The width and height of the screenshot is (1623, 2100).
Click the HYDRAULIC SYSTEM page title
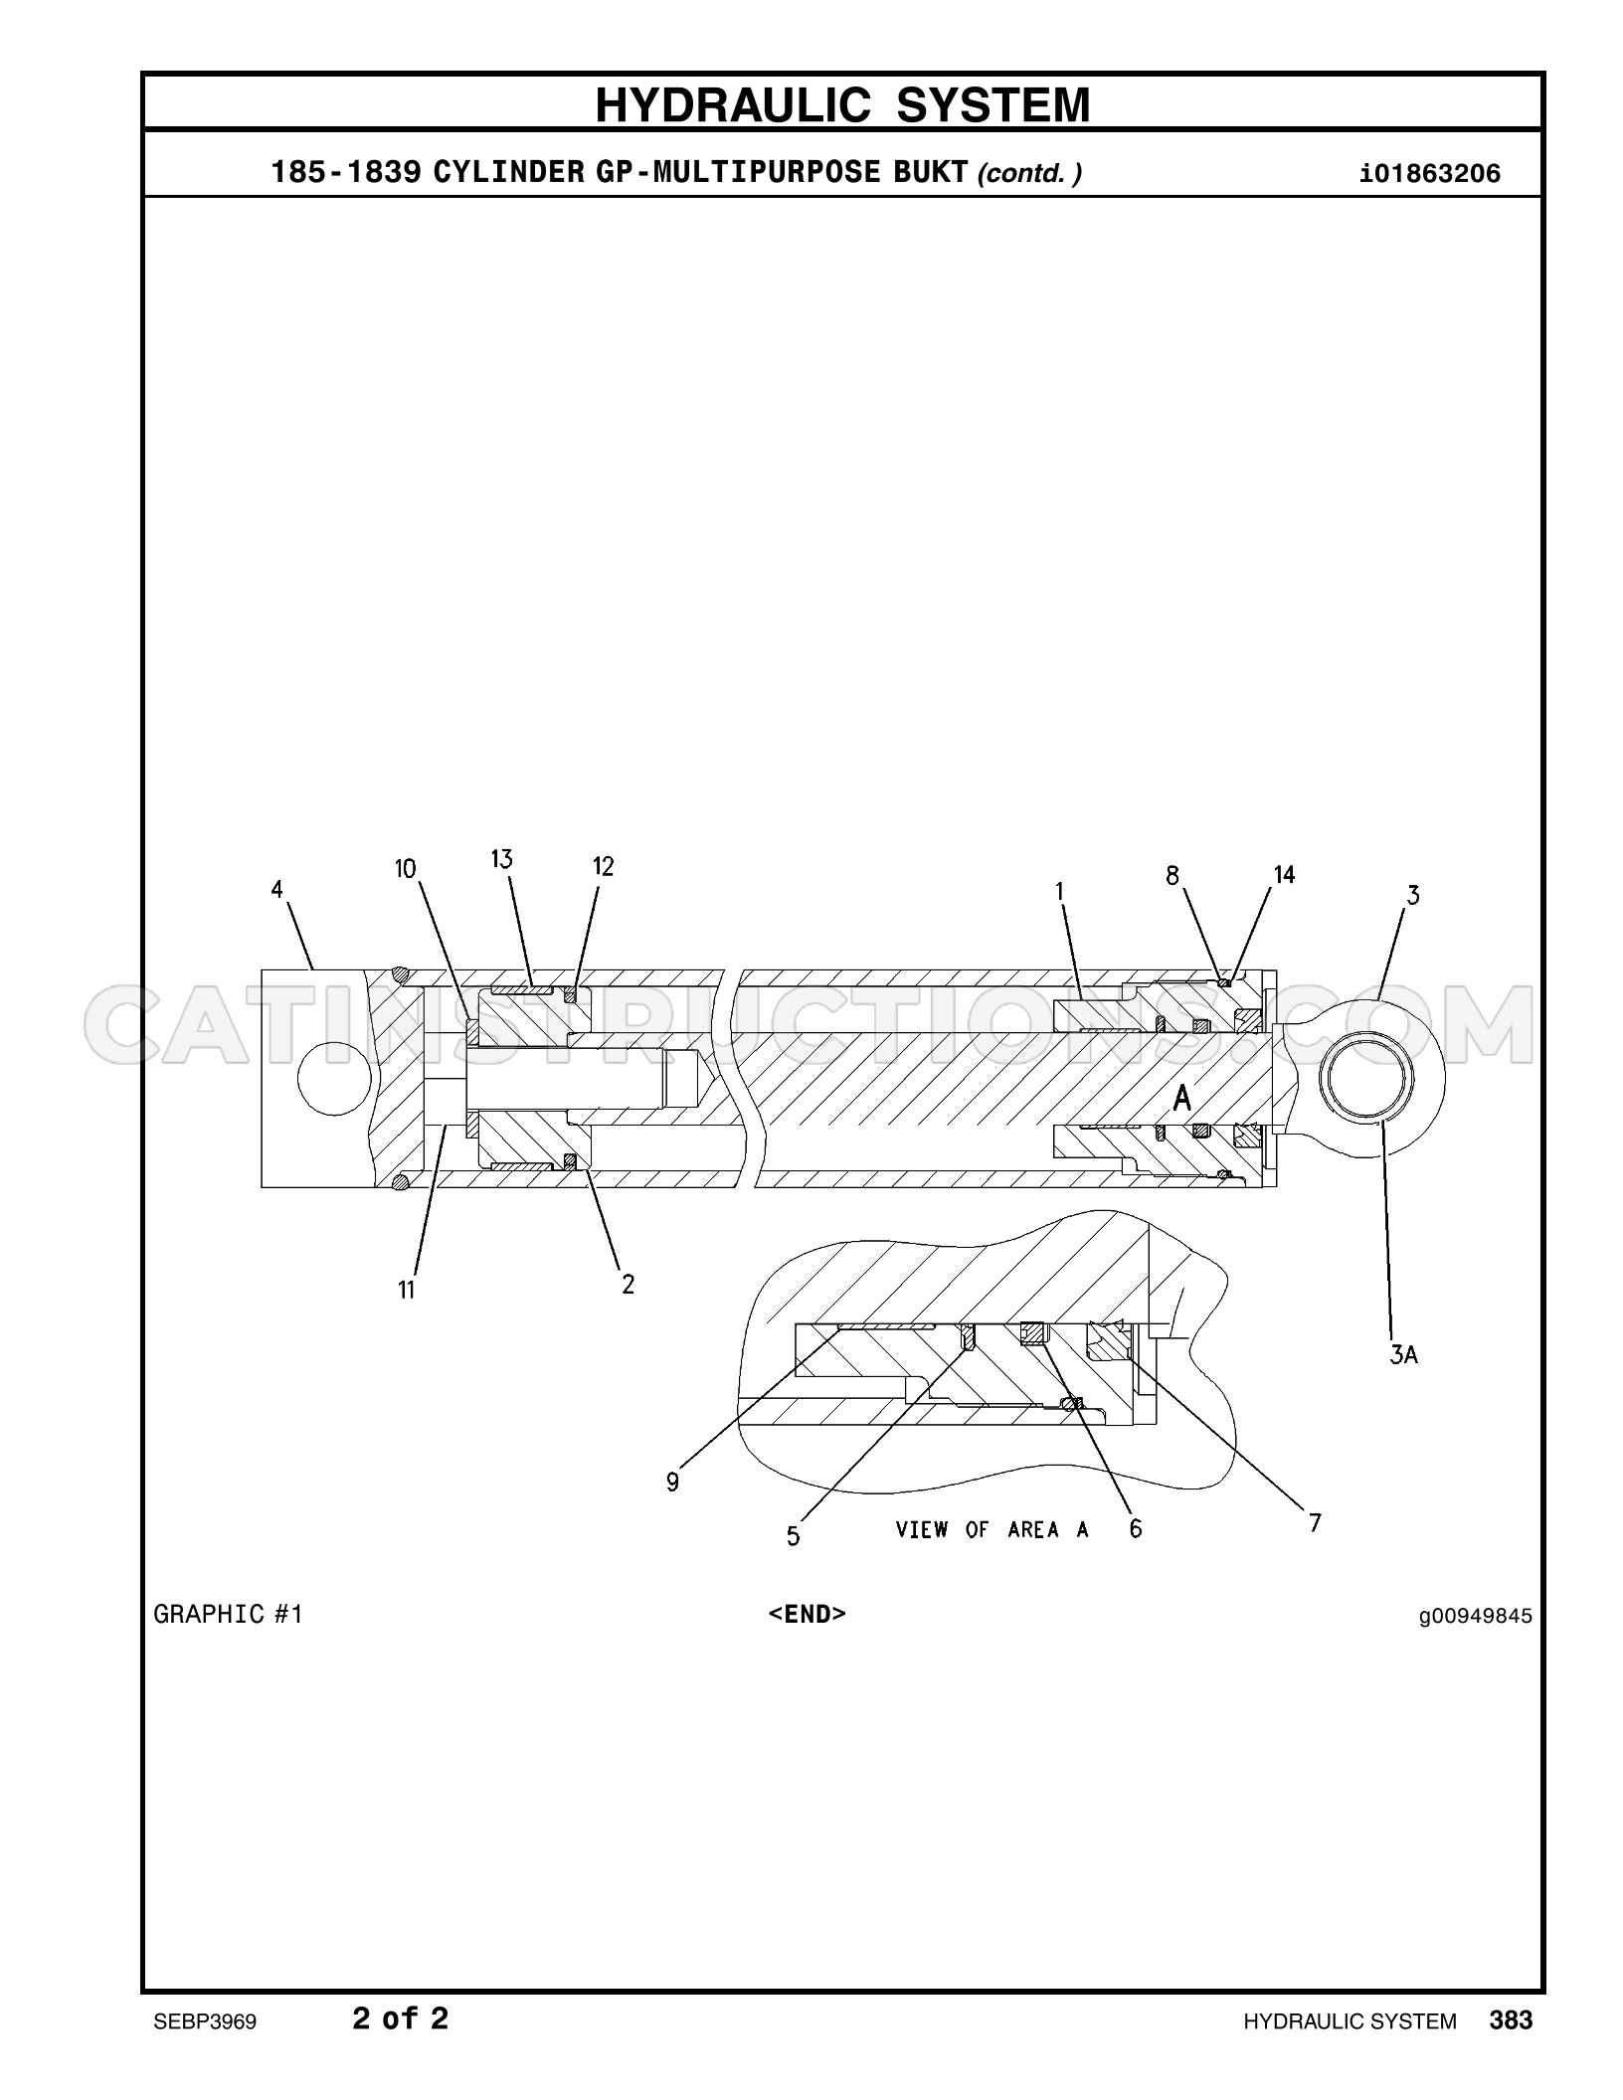(x=842, y=104)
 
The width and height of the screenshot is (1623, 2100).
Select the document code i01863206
(x=1430, y=174)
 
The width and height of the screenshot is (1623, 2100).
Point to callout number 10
(x=406, y=869)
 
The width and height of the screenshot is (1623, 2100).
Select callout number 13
(x=501, y=858)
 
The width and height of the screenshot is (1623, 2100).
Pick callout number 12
(x=604, y=866)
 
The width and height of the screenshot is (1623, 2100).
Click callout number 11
(x=406, y=1290)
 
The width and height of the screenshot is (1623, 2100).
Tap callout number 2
(x=628, y=1284)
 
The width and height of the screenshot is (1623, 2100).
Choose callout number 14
(x=1284, y=875)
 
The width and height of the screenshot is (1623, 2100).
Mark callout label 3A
(x=1403, y=1353)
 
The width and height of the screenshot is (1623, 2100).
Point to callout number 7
(x=1315, y=1522)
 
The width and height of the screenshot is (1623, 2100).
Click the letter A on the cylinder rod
(x=1182, y=1098)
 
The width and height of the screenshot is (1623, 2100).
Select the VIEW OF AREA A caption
(x=992, y=1529)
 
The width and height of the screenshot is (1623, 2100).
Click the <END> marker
(x=807, y=1614)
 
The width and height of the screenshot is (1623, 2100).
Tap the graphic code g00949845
(x=1476, y=1616)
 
